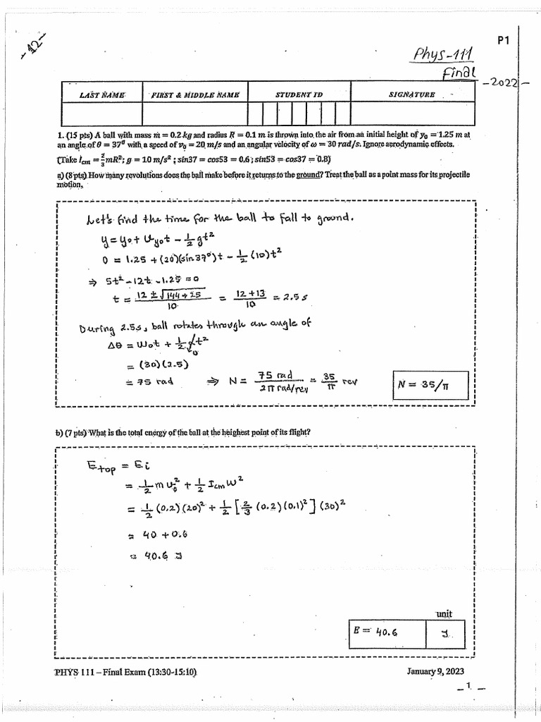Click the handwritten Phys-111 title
pyautogui.click(x=444, y=54)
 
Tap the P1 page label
pyautogui.click(x=503, y=41)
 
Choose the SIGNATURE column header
pyautogui.click(x=411, y=94)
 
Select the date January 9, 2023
pyautogui.click(x=435, y=671)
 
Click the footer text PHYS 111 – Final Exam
pyautogui.click(x=125, y=671)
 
